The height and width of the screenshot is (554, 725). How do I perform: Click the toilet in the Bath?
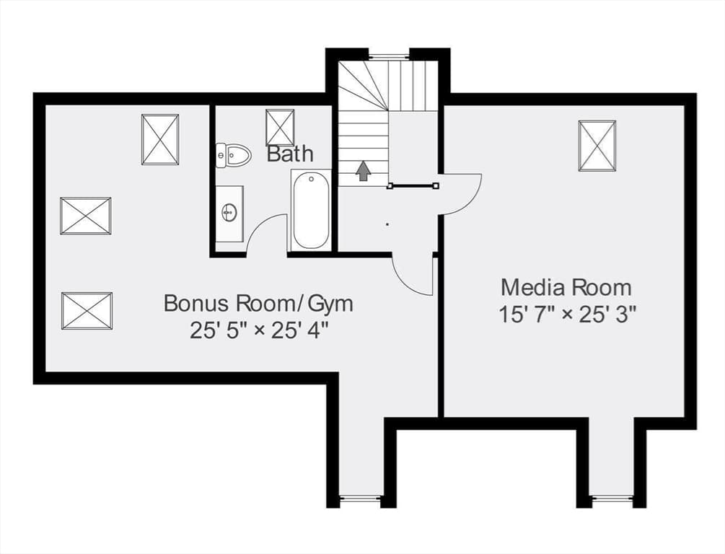(234, 155)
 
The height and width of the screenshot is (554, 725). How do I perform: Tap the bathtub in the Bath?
(311, 209)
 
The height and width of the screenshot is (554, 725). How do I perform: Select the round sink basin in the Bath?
(229, 214)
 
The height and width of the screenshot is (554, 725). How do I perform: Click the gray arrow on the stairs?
(364, 170)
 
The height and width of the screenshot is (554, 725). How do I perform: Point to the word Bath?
(290, 153)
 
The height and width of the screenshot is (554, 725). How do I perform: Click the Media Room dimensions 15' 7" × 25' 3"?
(568, 315)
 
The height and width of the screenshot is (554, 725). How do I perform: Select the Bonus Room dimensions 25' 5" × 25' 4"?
(259, 330)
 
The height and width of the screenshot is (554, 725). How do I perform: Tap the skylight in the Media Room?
(597, 146)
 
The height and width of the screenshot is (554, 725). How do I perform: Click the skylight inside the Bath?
(280, 127)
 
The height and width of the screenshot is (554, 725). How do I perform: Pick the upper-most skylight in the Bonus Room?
(160, 139)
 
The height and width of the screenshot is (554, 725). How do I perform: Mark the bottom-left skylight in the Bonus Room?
(87, 311)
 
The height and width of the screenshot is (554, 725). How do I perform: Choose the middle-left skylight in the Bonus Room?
(86, 216)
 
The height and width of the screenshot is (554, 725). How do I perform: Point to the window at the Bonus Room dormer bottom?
(360, 498)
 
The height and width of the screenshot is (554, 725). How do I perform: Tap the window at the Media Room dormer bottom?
(612, 498)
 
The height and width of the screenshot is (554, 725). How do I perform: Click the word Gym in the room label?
(330, 304)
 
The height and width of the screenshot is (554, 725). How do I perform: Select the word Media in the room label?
(531, 288)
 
